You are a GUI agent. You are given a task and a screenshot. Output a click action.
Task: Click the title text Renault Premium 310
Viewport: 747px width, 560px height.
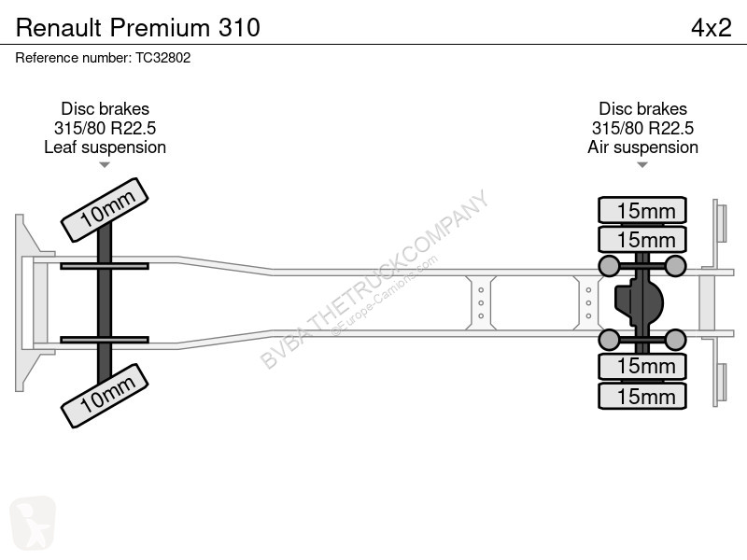138,27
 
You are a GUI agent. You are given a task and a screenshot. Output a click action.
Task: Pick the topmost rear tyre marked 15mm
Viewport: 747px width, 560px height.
642,211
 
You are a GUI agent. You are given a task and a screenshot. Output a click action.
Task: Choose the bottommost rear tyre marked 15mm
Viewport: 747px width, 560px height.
642,397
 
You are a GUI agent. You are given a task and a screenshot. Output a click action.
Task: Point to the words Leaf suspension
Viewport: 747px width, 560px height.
105,147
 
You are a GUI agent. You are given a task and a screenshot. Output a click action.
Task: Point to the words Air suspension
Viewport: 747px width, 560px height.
642,147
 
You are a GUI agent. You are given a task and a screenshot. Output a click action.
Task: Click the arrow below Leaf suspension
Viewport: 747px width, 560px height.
105,165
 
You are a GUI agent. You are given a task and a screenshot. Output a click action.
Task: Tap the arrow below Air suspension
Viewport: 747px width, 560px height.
642,165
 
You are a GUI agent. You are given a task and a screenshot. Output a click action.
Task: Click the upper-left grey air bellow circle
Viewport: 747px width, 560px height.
609,267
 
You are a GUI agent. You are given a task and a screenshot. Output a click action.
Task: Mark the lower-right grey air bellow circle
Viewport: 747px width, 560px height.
675,340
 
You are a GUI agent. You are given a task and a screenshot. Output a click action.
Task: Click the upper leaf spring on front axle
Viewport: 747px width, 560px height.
105,267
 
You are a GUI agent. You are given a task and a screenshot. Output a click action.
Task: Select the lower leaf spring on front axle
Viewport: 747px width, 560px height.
105,340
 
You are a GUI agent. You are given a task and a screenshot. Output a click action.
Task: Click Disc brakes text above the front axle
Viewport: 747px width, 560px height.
105,109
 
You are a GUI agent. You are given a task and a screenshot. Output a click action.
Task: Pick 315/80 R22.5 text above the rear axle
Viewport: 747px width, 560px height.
642,129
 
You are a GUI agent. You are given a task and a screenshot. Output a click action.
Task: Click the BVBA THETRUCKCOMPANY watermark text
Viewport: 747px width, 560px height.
373,280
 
